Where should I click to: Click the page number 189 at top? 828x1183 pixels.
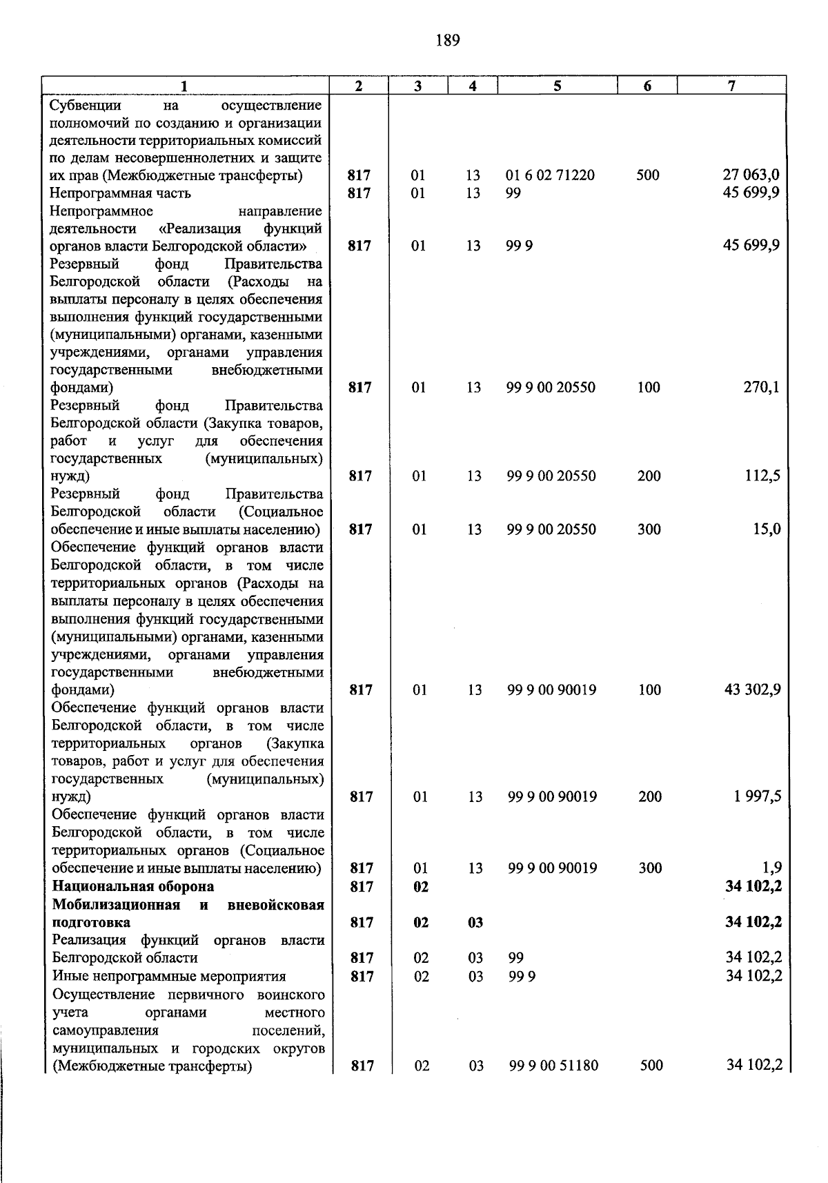coord(448,40)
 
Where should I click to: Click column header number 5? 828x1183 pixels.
coord(557,86)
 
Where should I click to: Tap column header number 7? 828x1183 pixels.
coord(731,86)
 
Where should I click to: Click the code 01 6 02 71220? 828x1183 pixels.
coord(550,175)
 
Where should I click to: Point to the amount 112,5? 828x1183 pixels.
coord(762,476)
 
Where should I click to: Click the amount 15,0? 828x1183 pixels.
coord(766,529)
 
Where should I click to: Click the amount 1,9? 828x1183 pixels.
coord(771,868)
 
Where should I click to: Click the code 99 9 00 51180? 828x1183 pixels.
coord(553,1066)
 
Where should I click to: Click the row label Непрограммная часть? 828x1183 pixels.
coord(121,193)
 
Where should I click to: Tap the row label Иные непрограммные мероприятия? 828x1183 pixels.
coord(169,976)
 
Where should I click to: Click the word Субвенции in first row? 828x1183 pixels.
coord(86,105)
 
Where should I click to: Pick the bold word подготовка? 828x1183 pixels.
coord(91,922)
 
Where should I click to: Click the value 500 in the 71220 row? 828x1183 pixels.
coord(648,175)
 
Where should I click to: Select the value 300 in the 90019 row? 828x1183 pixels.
coord(650,868)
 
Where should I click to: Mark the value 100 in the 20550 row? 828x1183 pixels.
coord(649,387)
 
